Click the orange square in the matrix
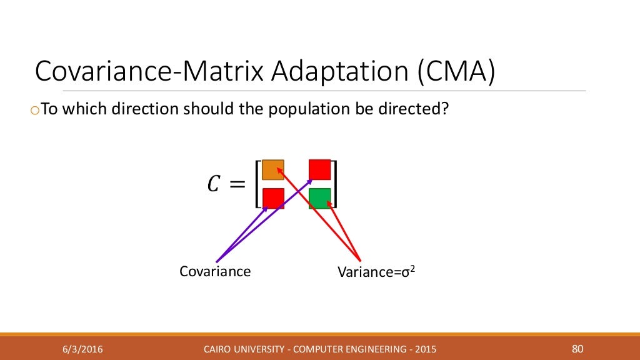[x=273, y=170]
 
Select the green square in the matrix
[x=319, y=198]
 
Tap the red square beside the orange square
[x=319, y=169]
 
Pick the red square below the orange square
[x=273, y=198]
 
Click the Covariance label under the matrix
[x=215, y=271]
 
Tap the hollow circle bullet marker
[x=34, y=111]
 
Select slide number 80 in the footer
[x=577, y=348]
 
